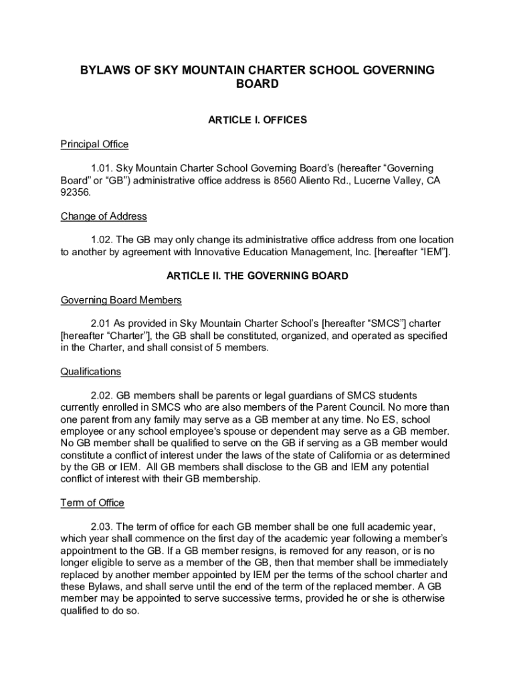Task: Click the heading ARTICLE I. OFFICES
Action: tap(257, 120)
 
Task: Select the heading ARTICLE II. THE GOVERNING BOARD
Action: tap(257, 276)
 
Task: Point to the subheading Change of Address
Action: tap(104, 216)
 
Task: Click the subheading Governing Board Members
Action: tap(121, 300)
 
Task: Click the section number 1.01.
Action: tap(102, 168)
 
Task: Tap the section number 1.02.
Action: tap(102, 240)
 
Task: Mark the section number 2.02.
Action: tap(102, 395)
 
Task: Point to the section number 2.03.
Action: tap(102, 527)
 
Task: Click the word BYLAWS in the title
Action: tap(104, 70)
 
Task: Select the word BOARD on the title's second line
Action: tap(257, 85)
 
